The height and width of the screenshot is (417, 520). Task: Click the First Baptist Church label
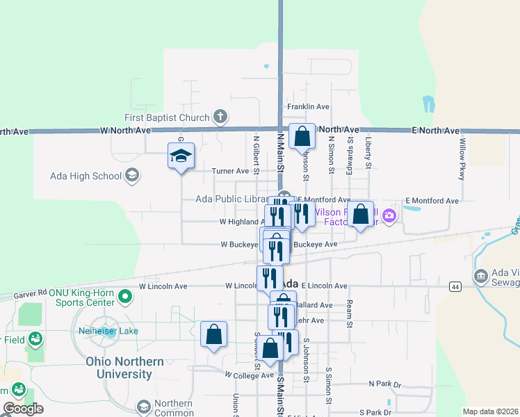(x=167, y=117)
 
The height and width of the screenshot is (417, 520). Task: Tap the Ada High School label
(x=86, y=176)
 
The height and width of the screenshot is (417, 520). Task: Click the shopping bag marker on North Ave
(x=302, y=136)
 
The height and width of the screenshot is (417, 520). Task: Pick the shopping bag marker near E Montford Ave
(x=361, y=214)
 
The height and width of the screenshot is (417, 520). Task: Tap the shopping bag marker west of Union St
(x=213, y=334)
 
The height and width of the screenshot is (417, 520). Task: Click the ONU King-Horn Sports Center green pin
(x=125, y=297)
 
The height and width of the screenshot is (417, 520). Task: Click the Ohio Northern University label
(x=125, y=368)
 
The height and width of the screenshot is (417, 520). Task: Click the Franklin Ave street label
(x=308, y=107)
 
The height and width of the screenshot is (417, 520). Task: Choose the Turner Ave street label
(x=230, y=171)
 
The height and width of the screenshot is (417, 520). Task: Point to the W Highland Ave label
(x=241, y=222)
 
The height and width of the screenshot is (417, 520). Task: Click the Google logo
(x=24, y=409)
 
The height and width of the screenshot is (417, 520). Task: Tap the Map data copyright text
(x=491, y=411)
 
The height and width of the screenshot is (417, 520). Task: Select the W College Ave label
(x=249, y=375)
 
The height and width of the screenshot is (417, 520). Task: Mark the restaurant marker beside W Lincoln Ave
(x=270, y=277)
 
